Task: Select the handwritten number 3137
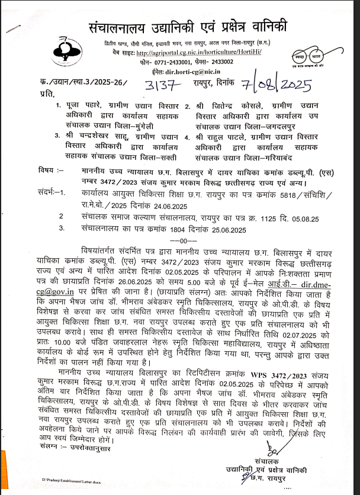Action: point(159,86)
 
